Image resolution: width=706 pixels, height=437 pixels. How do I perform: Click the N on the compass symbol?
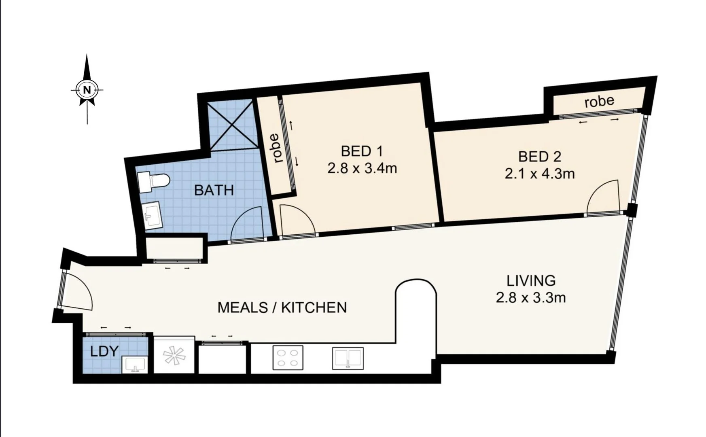coord(87,89)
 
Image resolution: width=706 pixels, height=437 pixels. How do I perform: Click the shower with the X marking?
coord(233,125)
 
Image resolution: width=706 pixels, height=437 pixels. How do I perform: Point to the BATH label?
coord(214,190)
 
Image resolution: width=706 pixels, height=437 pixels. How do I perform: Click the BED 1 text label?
coord(362,151)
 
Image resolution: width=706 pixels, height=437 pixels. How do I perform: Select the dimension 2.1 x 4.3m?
coord(540,174)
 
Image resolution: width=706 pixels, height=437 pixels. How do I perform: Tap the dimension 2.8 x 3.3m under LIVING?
coord(531,298)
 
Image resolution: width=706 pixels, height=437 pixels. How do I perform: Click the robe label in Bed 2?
coord(599,101)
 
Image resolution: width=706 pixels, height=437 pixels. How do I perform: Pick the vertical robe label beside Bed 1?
coord(276,148)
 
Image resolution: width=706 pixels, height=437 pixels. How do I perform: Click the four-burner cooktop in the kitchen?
coord(288,358)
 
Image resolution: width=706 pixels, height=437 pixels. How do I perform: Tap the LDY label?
coord(104,351)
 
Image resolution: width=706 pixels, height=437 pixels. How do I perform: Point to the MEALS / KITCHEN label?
coord(282,308)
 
